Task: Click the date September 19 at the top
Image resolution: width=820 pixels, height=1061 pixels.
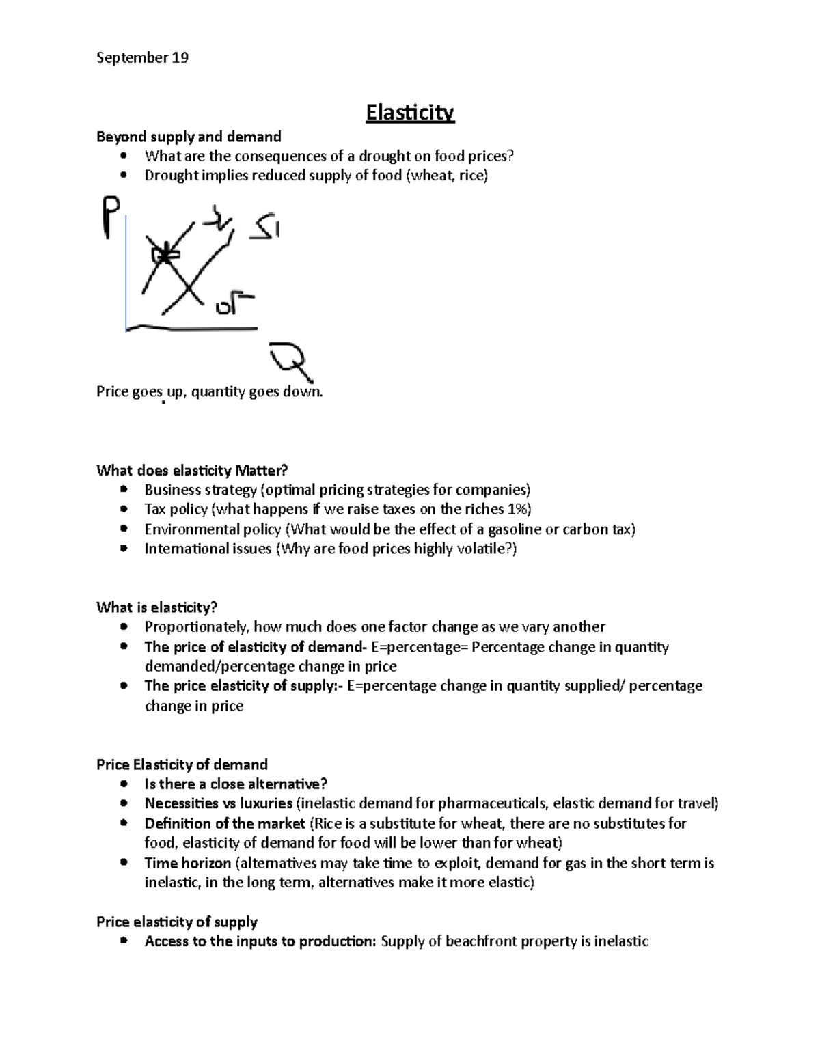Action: [x=142, y=58]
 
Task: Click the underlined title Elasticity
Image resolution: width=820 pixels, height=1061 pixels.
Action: [x=409, y=113]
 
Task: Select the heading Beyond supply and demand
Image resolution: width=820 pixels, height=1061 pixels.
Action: [x=189, y=137]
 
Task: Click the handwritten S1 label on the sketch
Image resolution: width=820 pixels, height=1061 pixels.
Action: [x=264, y=227]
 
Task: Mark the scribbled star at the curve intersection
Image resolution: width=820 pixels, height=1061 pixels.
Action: [x=164, y=255]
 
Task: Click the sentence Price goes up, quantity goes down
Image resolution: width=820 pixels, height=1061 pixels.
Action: [x=209, y=392]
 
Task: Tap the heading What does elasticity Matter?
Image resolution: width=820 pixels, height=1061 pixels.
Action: [x=192, y=470]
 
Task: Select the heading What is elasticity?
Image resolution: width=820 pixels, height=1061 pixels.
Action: [x=156, y=607]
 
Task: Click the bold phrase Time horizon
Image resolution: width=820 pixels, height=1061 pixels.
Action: [x=187, y=863]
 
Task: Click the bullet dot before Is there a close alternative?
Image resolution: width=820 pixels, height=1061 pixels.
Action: [x=123, y=784]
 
